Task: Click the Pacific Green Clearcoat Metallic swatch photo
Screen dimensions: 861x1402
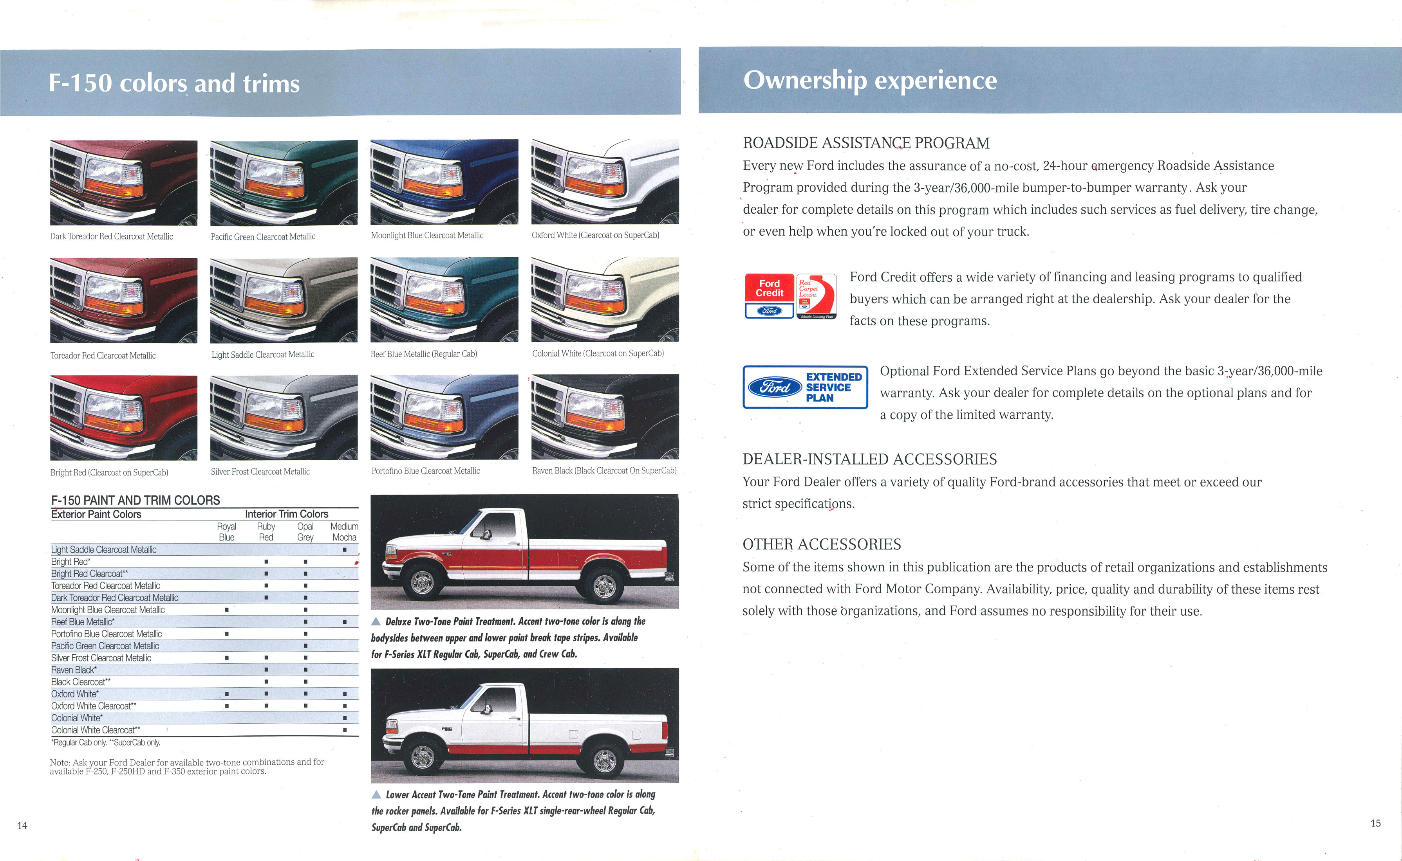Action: (x=284, y=182)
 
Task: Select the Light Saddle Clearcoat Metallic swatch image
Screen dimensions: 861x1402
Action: (x=284, y=300)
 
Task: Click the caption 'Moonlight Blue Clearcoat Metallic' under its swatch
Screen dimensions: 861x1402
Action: (x=427, y=235)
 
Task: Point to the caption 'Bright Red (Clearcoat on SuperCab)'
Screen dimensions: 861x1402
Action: (x=109, y=472)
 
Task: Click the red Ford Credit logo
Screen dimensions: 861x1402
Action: (x=769, y=295)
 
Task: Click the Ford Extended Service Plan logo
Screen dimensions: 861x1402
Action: (x=805, y=387)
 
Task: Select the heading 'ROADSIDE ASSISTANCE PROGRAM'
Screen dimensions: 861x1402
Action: (x=866, y=143)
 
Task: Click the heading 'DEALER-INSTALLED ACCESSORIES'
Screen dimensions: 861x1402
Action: (x=869, y=459)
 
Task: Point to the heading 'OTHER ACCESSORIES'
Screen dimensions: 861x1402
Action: (x=822, y=544)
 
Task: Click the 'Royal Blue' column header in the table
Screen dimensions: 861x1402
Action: (x=226, y=531)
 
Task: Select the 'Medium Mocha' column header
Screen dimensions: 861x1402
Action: (x=344, y=531)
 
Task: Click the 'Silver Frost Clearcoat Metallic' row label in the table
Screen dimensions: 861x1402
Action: (x=101, y=658)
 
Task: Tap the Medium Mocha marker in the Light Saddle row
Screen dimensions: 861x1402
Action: (x=345, y=549)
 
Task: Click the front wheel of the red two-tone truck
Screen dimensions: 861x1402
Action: (x=422, y=582)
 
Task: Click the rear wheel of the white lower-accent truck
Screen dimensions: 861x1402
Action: (x=604, y=759)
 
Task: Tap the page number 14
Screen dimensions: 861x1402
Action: (x=22, y=825)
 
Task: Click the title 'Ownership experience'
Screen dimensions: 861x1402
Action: (x=870, y=80)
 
